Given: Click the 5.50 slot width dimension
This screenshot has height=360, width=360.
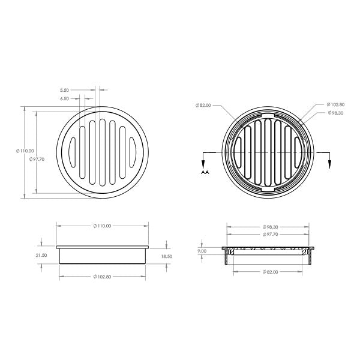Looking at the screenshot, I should click(65, 89).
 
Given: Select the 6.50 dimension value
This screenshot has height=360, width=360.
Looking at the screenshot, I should click(65, 98).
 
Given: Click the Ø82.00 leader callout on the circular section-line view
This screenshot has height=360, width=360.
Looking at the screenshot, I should click(203, 106).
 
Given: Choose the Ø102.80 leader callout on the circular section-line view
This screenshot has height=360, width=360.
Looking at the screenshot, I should click(335, 104).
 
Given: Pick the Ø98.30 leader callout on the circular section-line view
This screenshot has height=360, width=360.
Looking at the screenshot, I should click(335, 113).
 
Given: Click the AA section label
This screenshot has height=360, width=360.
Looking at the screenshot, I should click(204, 172).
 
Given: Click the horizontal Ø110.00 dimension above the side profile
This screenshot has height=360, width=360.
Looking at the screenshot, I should click(103, 226).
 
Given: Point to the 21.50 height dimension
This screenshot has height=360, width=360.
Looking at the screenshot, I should click(41, 255).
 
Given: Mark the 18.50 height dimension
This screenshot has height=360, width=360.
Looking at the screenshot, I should click(165, 256).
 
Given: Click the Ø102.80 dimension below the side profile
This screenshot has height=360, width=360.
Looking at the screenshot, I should click(103, 277).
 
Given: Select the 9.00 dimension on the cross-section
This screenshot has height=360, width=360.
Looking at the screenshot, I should click(202, 251).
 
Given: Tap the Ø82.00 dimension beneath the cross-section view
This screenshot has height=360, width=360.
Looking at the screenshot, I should click(271, 272).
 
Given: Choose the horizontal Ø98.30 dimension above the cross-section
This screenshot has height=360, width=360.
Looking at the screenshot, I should click(271, 227).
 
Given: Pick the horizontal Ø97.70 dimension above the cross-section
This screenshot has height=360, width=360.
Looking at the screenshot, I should click(271, 234).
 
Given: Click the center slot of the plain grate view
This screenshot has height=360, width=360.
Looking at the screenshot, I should click(103, 151).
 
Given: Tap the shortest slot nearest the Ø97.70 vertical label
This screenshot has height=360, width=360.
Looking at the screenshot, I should click(71, 151).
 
